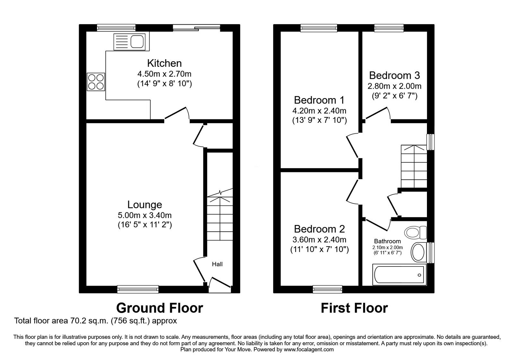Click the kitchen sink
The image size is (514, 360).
(129, 42)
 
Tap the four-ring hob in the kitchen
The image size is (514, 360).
(96, 82)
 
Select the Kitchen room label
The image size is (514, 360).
(164, 63)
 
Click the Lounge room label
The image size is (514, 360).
(145, 204)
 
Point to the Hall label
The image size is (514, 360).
(217, 264)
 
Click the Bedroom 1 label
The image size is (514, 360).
(319, 100)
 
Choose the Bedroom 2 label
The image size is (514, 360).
(319, 229)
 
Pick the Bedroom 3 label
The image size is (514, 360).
(394, 75)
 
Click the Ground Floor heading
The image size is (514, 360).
(159, 308)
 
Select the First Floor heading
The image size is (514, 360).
(354, 308)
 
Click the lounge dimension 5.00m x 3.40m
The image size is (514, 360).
(145, 215)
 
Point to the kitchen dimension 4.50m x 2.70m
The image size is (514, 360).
(164, 74)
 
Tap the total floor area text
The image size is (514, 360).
(95, 321)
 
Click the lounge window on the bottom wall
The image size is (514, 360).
(138, 289)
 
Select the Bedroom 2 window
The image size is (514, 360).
(328, 289)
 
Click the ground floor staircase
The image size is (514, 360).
(220, 219)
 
